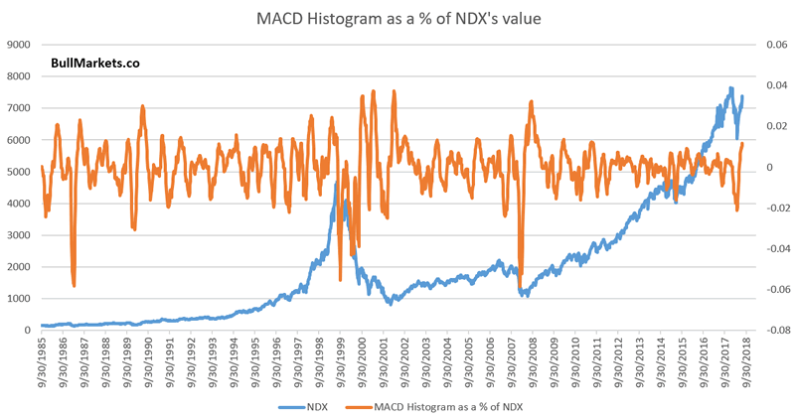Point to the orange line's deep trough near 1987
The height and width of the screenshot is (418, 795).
tap(75, 285)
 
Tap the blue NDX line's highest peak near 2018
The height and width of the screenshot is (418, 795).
tap(731, 88)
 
